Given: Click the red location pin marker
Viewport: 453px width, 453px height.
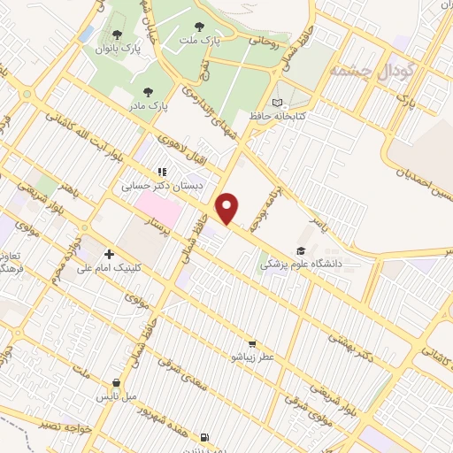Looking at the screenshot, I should click(228, 208).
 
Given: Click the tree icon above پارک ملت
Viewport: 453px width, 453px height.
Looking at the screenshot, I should click(210, 27).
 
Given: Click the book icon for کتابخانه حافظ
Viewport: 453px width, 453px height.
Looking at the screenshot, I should click(281, 104).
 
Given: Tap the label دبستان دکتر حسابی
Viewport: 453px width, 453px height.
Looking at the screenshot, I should click(161, 187).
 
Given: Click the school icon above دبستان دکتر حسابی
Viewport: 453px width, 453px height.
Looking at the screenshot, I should click(161, 172).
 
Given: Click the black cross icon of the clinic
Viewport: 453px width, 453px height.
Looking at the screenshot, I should click(108, 254).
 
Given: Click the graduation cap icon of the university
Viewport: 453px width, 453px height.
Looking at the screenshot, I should click(302, 250).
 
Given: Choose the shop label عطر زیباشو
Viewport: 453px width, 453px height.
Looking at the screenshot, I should click(254, 357).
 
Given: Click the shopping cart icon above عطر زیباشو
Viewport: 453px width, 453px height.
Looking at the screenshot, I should click(253, 343).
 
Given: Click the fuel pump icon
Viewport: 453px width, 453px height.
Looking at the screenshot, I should click(205, 437).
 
